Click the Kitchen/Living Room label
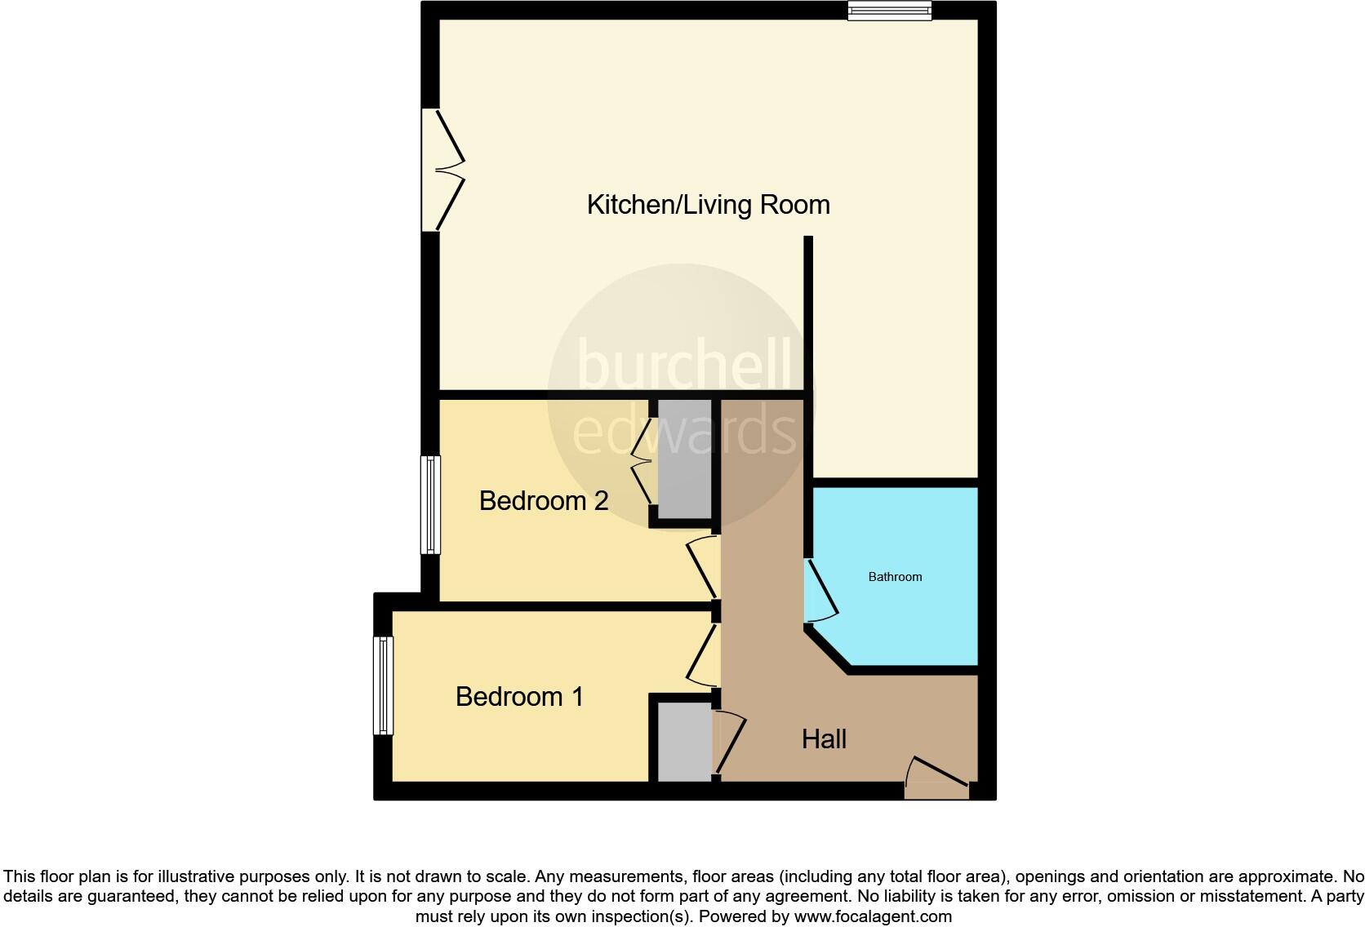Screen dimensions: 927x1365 708,204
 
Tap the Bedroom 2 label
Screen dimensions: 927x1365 544,500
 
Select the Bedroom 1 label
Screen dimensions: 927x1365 519,696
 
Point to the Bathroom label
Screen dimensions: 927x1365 895,577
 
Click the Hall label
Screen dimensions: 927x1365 824,739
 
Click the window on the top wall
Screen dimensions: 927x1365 889,11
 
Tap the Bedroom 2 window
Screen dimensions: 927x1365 430,504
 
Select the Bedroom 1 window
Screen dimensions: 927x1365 383,685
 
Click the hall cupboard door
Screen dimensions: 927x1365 731,741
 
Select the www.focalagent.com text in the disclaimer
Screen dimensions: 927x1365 873,916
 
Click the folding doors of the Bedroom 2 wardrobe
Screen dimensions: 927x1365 644,461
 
